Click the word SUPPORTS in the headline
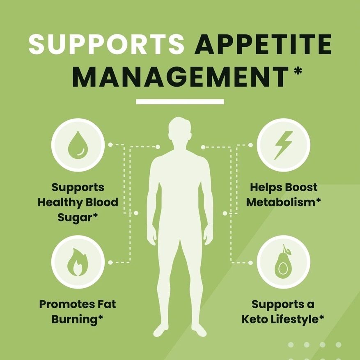[x=106, y=44]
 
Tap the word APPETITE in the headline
[x=263, y=44]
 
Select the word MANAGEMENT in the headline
[x=180, y=76]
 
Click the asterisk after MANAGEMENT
[x=298, y=70]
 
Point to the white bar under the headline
[x=180, y=101]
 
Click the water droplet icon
[x=78, y=145]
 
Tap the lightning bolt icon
[x=284, y=145]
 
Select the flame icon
[x=78, y=262]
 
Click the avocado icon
[x=284, y=261]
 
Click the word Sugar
[x=75, y=218]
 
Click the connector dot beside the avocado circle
[x=250, y=263]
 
